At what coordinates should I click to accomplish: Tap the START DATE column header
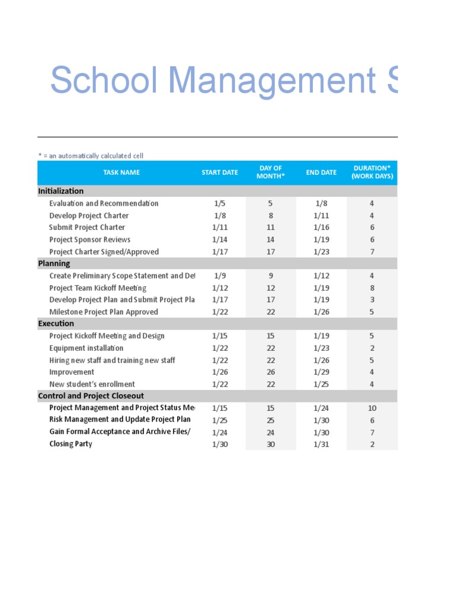point(219,172)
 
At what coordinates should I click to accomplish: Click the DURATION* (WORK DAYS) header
point(371,172)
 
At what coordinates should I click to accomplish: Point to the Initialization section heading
point(61,191)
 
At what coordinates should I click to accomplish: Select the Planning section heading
point(54,263)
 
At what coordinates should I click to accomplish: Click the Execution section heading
point(56,324)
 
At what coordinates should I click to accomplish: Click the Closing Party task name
point(71,444)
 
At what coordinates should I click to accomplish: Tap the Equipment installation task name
point(86,348)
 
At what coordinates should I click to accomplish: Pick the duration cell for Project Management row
point(371,408)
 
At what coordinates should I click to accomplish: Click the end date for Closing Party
point(321,444)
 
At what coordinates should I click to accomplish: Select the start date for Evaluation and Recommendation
point(219,203)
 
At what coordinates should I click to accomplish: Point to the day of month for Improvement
point(270,372)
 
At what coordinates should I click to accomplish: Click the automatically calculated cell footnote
point(91,156)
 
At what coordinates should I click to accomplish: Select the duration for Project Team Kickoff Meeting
point(371,288)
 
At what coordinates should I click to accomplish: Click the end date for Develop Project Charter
point(321,216)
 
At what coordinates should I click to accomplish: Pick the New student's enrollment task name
point(92,384)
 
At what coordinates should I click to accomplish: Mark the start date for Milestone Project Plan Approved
point(219,312)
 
